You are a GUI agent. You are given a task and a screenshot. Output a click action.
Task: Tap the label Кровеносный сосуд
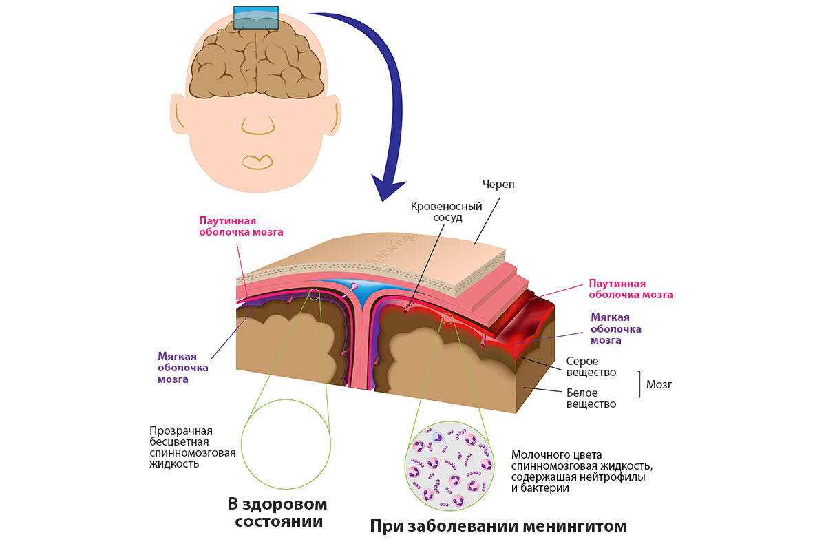(446, 211)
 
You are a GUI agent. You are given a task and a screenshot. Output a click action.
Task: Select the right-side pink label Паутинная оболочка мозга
(631, 289)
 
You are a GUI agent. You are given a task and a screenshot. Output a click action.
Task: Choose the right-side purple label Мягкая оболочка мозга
(616, 328)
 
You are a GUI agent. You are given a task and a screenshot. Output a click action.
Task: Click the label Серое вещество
(591, 366)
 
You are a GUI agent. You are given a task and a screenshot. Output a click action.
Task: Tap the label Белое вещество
(591, 398)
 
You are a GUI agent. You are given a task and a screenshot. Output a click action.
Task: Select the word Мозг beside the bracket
(659, 384)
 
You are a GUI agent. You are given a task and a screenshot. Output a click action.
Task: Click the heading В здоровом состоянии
(278, 512)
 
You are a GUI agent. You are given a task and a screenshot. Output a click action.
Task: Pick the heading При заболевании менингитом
(498, 527)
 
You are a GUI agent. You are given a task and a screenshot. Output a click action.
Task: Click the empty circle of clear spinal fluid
(286, 444)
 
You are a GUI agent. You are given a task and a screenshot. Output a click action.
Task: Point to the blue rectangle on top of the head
(256, 18)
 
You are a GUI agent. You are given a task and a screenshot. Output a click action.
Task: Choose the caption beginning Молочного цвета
(582, 471)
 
